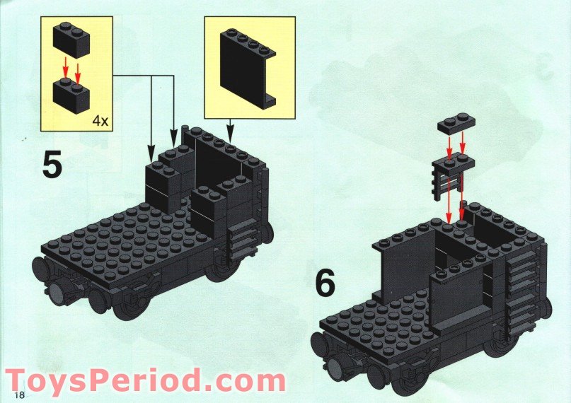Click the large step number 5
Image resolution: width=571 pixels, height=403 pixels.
pos(52,165)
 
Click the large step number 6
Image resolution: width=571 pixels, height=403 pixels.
pos(325,284)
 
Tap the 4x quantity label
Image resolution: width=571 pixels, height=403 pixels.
pos(100,121)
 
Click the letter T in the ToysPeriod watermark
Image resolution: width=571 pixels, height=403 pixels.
pos(20,381)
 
